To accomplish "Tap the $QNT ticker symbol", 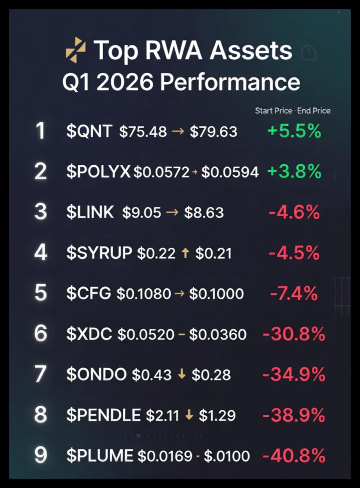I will coord(89,132).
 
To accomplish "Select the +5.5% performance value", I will coord(294,132).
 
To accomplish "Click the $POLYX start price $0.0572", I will coord(162,172).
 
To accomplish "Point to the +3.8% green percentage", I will coord(294,172).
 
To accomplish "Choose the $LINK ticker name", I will coord(90,213).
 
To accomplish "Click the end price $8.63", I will coord(204,213).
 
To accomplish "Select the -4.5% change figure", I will coord(294,253).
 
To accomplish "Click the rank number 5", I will coord(41,293).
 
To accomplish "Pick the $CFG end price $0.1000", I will coord(217,294).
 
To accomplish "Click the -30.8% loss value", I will coord(294,334).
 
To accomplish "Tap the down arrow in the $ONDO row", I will coord(182,375).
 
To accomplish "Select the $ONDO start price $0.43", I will coord(152,375).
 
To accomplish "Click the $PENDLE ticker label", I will coord(103,415).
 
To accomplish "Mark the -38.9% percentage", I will coord(294,415).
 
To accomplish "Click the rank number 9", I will coord(41,455).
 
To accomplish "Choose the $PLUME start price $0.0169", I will coord(165,456).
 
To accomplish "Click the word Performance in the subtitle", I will coord(230,82).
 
